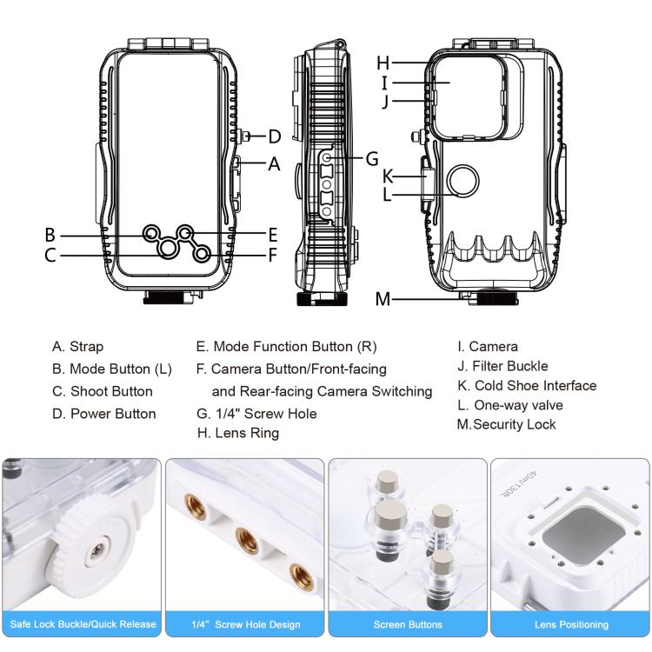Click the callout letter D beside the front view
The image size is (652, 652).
[274, 136]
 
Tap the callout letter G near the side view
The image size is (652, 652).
[371, 159]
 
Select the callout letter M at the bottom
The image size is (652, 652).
[383, 300]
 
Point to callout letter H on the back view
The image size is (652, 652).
[383, 63]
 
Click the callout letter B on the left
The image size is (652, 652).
[50, 235]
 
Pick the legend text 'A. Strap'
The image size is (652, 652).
[77, 347]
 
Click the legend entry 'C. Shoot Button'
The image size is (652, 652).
[102, 391]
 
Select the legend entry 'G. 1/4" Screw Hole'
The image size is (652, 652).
[256, 414]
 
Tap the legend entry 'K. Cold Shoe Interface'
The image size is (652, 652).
[527, 385]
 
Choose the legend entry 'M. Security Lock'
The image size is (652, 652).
[506, 424]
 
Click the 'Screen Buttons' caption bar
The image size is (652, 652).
[408, 624]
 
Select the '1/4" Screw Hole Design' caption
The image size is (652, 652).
[245, 624]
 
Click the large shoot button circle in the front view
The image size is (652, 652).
[168, 249]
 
